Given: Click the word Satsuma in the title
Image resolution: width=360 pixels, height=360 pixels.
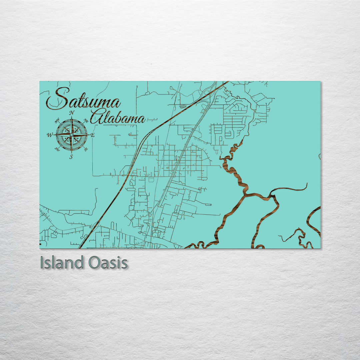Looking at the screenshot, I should [83, 99].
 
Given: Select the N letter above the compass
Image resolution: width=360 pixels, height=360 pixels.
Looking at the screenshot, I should [71, 113].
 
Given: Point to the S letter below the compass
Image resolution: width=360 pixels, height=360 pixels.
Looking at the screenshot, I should [71, 157].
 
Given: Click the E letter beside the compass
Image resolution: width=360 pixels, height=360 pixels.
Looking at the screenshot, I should [93, 135].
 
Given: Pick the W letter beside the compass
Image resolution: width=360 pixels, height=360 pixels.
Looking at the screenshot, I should [50, 135].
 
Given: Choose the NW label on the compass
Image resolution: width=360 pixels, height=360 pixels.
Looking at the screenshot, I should [57, 120].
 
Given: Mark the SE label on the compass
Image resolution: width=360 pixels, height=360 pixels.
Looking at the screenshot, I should [86, 149].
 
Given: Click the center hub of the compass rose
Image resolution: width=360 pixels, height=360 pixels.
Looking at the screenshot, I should [71, 135].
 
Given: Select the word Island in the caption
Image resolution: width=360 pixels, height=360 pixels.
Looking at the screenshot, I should [61, 263].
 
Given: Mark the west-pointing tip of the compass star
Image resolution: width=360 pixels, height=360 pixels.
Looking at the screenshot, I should [54, 135].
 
